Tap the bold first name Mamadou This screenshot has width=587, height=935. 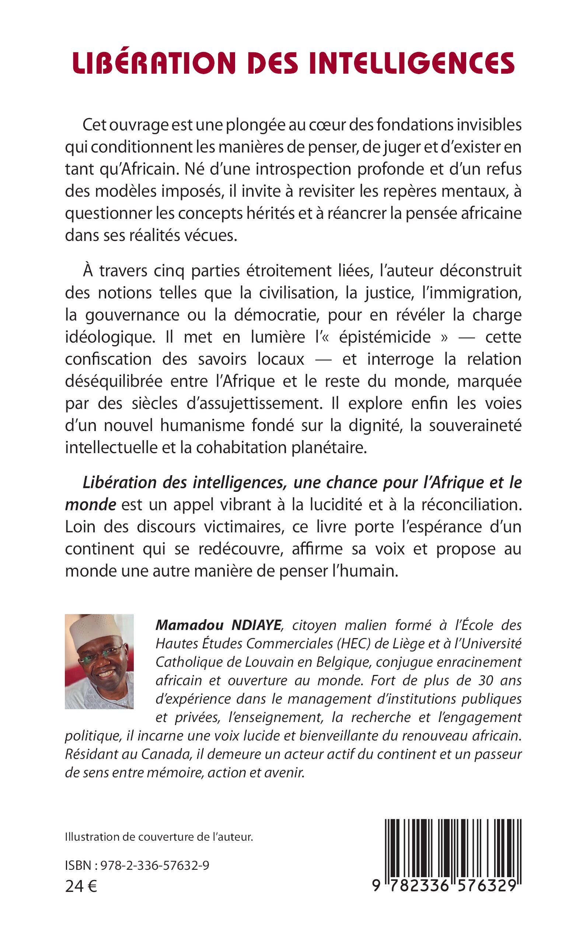coord(189,625)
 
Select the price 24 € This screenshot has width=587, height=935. coord(81,886)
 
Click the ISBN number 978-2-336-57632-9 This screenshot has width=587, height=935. coord(154,865)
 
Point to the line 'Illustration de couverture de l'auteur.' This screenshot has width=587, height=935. coord(159,837)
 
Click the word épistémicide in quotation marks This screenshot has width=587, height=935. coord(385,337)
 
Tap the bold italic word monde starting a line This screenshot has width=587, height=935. coord(90,505)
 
